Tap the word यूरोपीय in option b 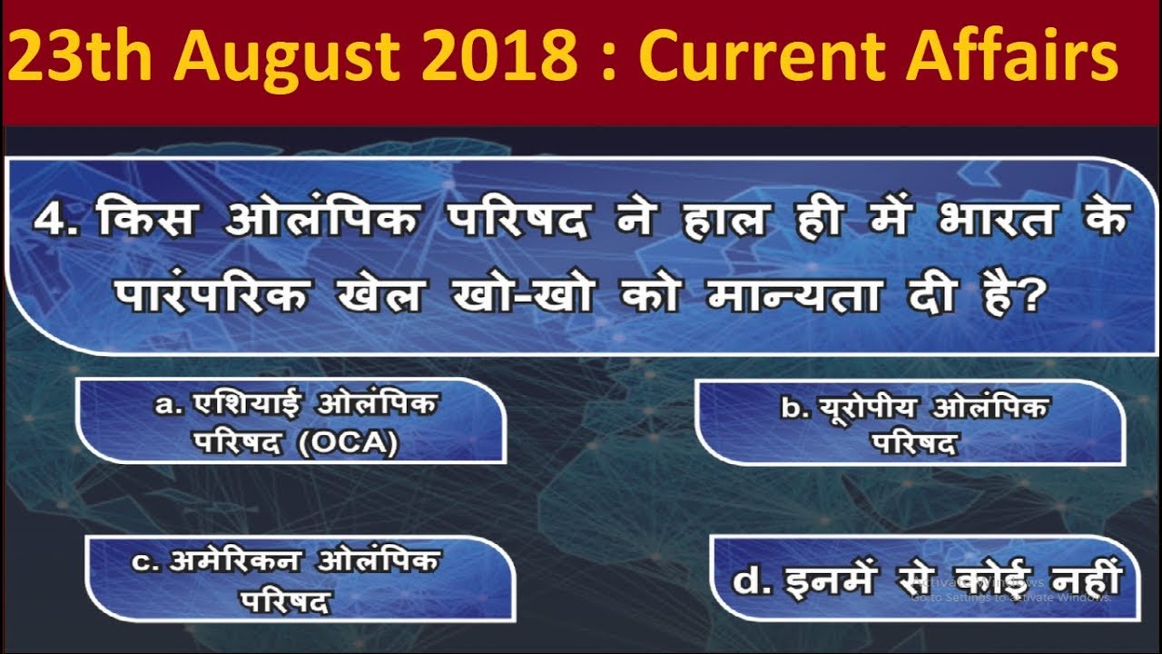(867, 408)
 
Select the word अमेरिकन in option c (238, 562)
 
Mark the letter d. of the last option (748, 580)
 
